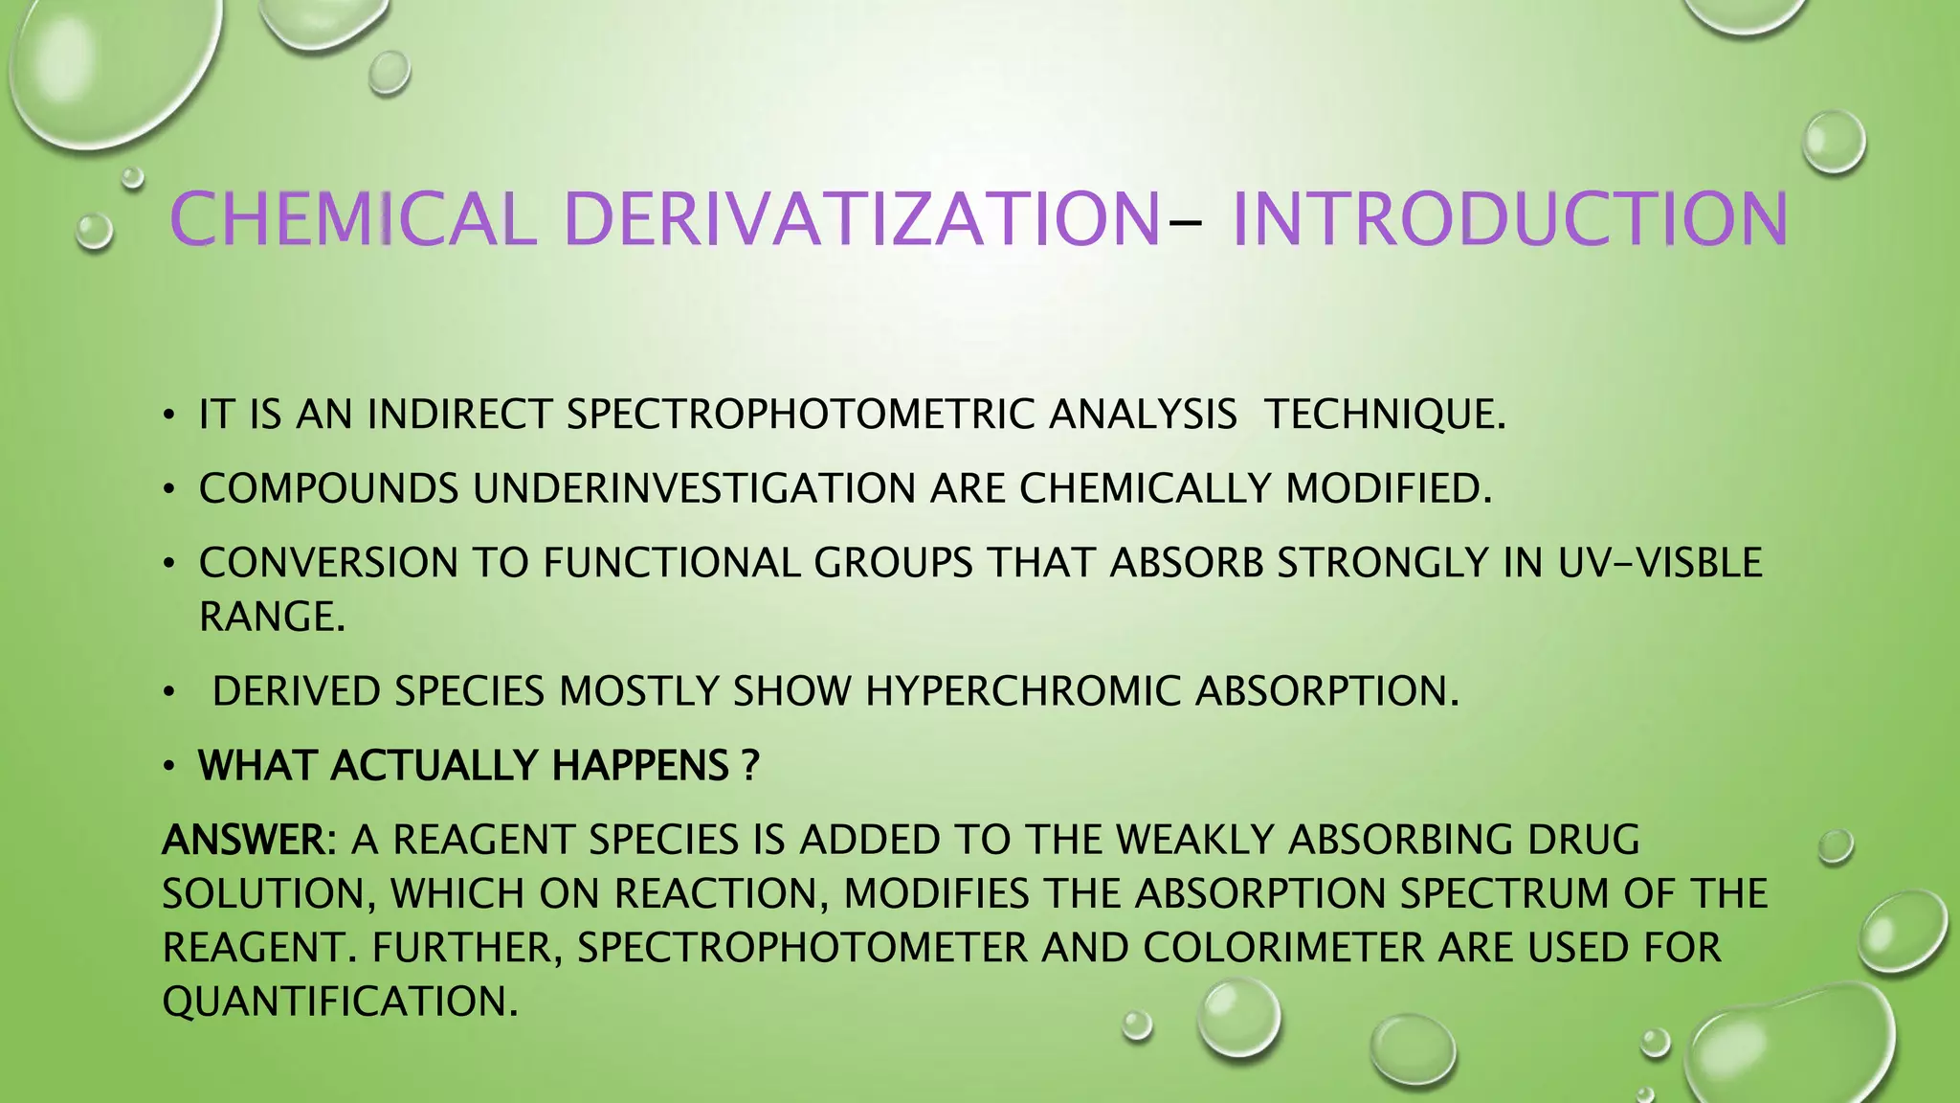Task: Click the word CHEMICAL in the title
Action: (351, 219)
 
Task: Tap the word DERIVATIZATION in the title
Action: (862, 219)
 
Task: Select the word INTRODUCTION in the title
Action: (1509, 219)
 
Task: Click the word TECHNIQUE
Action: (1385, 415)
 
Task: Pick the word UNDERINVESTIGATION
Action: (695, 488)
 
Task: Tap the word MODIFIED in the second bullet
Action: (1389, 488)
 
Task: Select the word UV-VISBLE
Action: (1659, 563)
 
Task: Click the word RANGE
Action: (272, 617)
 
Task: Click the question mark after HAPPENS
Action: (750, 766)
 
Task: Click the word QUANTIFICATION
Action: (340, 1002)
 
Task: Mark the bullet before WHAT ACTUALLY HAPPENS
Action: (169, 766)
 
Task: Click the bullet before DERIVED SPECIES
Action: (169, 691)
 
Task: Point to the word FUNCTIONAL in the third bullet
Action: (672, 563)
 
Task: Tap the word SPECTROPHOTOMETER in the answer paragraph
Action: (802, 948)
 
